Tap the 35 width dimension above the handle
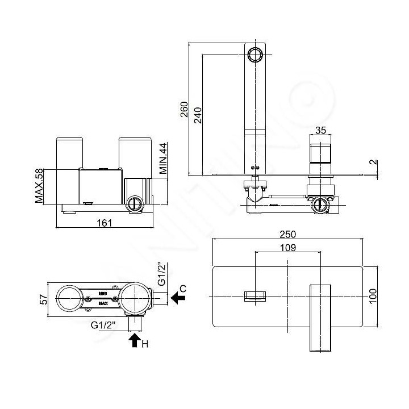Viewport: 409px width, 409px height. point(320,130)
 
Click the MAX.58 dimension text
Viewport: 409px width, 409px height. point(39,185)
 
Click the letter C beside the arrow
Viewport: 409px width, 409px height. point(183,289)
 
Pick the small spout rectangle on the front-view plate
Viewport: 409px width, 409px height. point(256,297)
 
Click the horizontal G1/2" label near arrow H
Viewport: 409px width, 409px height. point(103,325)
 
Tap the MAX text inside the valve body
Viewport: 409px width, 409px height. point(103,303)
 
